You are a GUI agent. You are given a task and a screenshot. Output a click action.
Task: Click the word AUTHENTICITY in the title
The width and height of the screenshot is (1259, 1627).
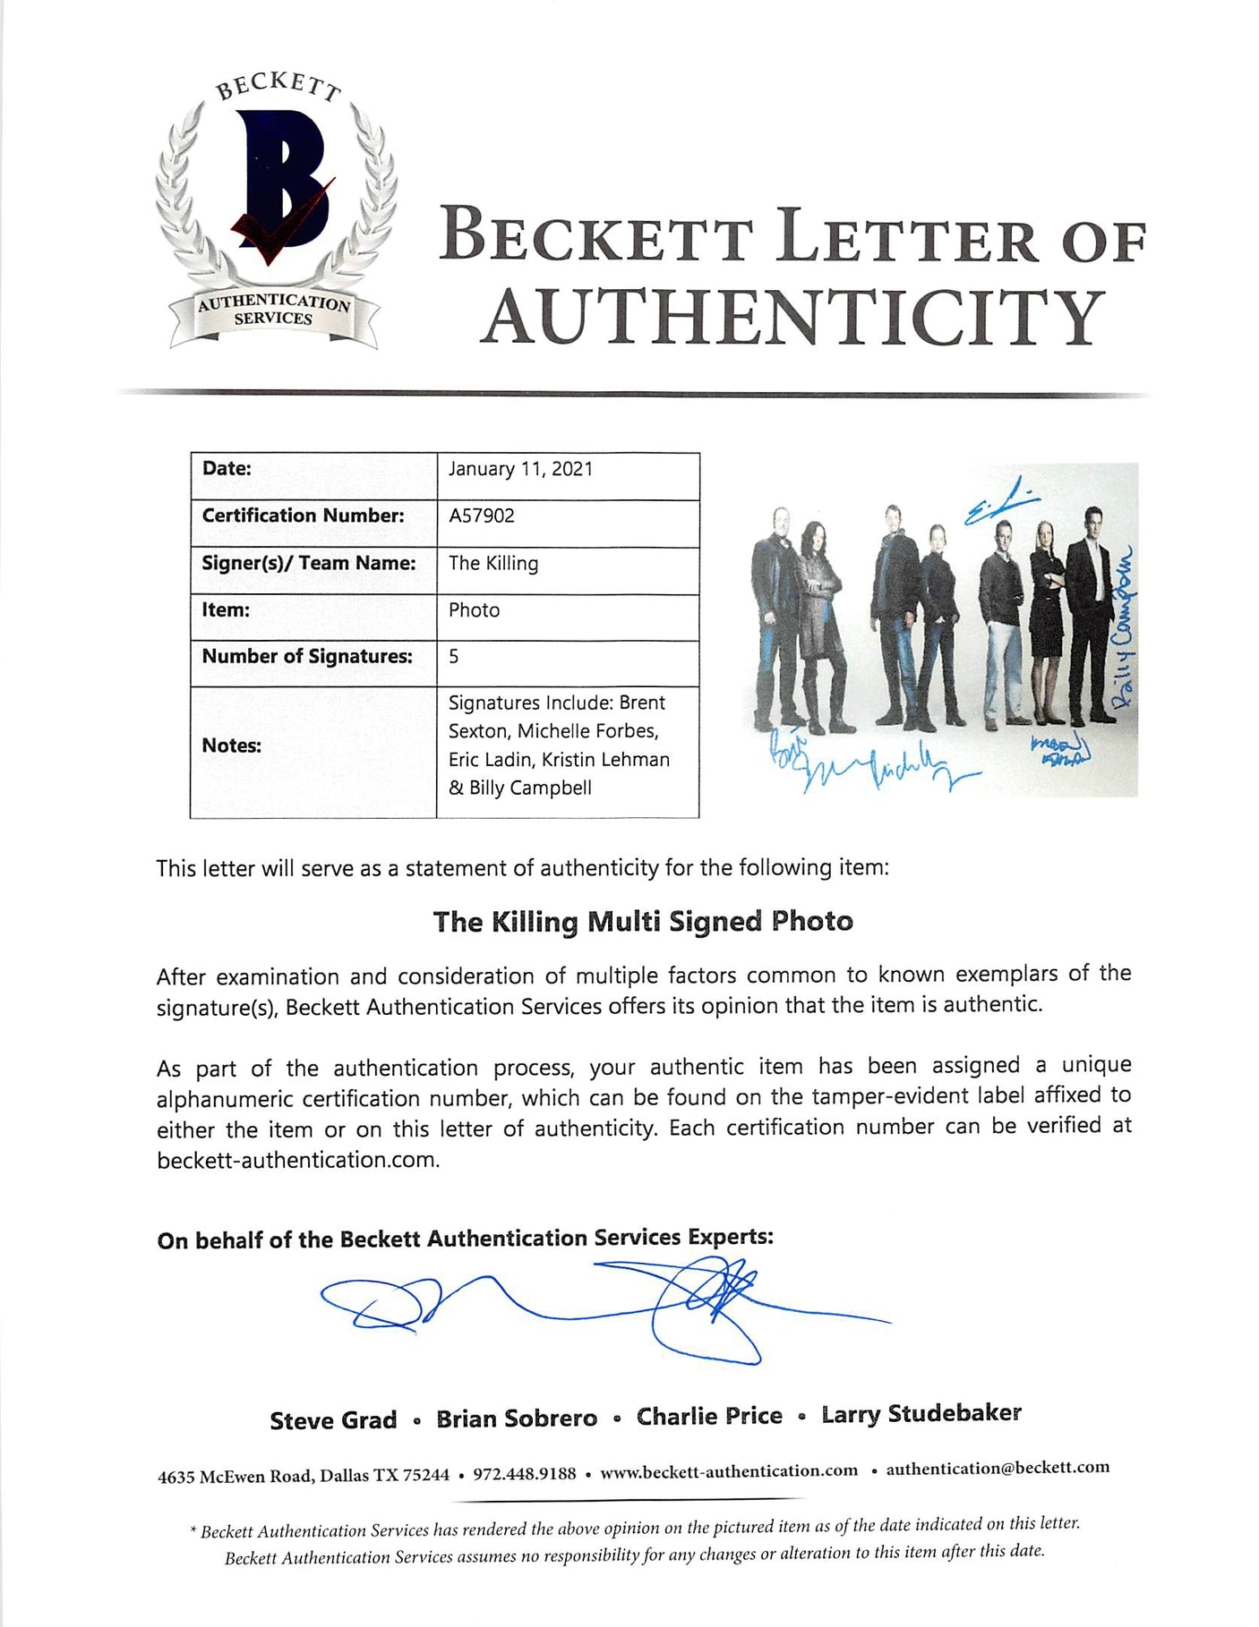click(x=792, y=319)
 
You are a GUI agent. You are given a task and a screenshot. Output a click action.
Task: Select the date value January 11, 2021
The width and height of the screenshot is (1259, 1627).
click(x=520, y=470)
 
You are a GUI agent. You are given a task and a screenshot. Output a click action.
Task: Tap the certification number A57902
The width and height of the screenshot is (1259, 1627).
click(x=482, y=516)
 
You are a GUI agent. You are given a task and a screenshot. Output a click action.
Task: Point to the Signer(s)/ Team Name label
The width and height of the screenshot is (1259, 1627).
click(x=309, y=564)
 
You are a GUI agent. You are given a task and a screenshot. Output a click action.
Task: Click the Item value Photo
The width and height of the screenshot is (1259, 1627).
click(x=474, y=610)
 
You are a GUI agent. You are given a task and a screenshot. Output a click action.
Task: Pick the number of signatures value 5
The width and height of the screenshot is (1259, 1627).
click(x=454, y=657)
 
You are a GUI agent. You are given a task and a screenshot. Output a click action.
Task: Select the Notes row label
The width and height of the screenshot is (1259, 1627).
click(x=231, y=745)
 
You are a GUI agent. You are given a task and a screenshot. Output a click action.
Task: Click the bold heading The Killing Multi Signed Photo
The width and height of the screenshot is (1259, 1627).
click(x=643, y=922)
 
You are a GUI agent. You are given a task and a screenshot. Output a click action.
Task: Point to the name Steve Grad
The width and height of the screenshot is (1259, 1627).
click(x=333, y=1420)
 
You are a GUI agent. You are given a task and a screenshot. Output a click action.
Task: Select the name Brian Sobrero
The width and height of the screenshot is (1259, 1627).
click(x=517, y=1418)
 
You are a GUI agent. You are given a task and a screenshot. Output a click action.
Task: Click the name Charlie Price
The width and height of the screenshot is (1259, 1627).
click(x=709, y=1417)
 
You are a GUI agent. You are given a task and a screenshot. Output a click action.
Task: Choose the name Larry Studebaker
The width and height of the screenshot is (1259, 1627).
click(x=921, y=1414)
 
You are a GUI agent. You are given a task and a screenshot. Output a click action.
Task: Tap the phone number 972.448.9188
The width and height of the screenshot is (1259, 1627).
click(x=525, y=1474)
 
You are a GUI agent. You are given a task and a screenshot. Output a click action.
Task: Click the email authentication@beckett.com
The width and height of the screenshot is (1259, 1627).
click(x=998, y=1468)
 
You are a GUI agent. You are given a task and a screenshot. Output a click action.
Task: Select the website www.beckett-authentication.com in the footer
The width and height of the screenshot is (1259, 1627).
click(x=729, y=1471)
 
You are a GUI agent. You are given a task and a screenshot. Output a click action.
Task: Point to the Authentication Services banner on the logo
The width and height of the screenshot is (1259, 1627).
click(x=273, y=311)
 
